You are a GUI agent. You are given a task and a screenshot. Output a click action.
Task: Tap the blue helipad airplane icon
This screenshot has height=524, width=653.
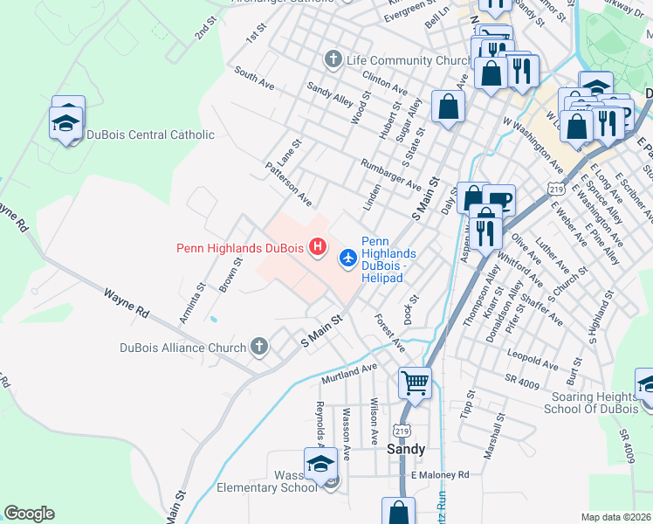(347, 256)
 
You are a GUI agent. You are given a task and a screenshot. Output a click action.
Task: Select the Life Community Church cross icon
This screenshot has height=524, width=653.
(332, 60)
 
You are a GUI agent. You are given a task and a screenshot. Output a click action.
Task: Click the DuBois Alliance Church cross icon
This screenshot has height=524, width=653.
(258, 348)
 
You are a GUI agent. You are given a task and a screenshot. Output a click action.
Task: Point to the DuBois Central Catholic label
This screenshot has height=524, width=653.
(150, 134)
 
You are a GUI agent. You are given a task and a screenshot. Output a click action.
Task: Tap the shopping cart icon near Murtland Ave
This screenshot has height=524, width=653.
(415, 382)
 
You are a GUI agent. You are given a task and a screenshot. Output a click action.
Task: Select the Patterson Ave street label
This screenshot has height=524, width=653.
(289, 183)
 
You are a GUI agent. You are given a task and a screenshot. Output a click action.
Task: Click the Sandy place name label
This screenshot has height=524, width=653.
(406, 449)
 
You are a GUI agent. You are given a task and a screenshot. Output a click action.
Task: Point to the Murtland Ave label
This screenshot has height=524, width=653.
(348, 374)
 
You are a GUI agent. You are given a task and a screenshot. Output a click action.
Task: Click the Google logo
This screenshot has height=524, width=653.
(29, 514)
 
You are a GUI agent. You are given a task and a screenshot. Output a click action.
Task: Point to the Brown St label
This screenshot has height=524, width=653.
(230, 275)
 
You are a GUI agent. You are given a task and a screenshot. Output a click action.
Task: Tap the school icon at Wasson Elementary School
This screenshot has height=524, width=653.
(320, 464)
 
